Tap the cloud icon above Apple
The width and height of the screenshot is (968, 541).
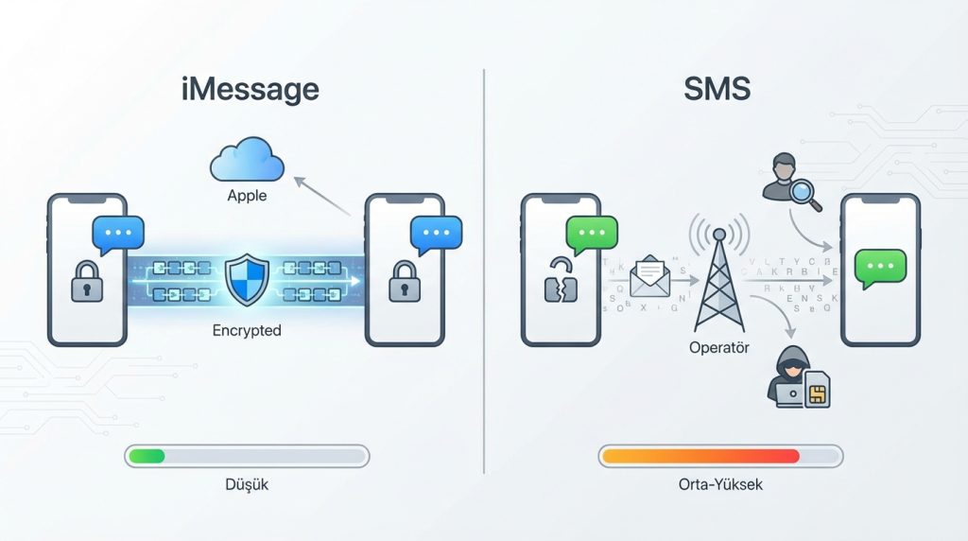point(247,161)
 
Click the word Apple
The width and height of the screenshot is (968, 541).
point(247,197)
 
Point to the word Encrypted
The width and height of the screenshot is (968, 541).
point(247,331)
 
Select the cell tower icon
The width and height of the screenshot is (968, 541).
point(719,274)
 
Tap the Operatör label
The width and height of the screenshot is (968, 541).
point(719,348)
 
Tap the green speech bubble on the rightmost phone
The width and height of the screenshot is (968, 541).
point(879,267)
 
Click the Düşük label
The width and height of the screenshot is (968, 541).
point(247,484)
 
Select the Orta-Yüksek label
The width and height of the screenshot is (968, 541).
point(719,484)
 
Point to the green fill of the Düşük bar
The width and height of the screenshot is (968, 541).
point(147,456)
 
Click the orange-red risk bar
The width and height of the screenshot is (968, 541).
point(700,456)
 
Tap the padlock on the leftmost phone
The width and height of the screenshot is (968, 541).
point(87,282)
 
